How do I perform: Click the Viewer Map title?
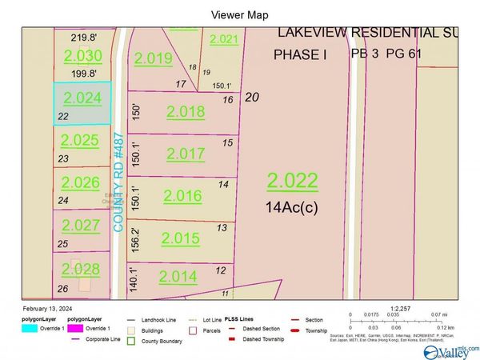[240, 14]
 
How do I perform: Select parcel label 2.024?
[82, 98]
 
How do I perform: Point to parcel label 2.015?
[180, 238]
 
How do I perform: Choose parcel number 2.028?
[81, 268]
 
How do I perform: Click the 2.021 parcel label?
[224, 39]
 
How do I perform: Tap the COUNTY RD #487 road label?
[118, 182]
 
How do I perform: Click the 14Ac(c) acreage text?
[293, 206]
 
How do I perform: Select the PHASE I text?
[301, 54]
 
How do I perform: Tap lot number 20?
[253, 97]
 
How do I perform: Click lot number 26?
[63, 288]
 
